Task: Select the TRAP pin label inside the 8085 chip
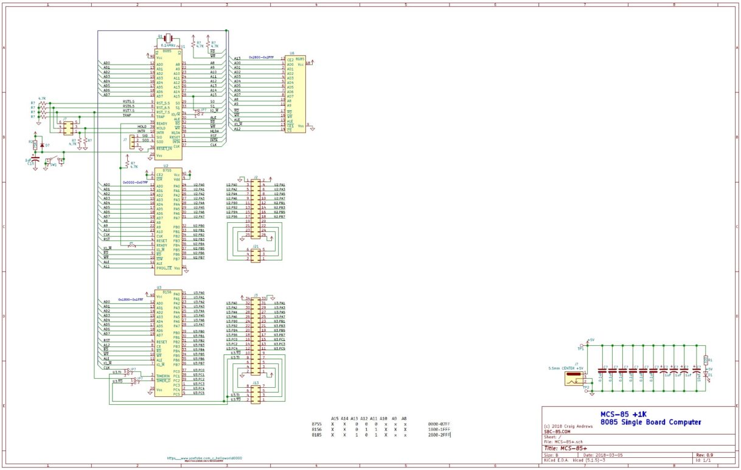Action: tap(161, 116)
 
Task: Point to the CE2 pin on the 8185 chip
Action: tap(290, 60)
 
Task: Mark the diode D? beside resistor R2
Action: tap(41, 146)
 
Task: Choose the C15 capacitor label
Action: tap(30, 163)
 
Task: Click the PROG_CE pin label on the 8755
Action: tap(164, 267)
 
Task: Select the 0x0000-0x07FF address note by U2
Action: tap(135, 181)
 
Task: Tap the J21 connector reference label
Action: tap(256, 246)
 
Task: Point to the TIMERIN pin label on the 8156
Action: tap(162, 376)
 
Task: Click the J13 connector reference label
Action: tap(256, 383)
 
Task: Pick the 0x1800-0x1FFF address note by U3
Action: tap(130, 300)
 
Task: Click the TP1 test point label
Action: tap(580, 349)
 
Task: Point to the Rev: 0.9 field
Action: tap(705, 454)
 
